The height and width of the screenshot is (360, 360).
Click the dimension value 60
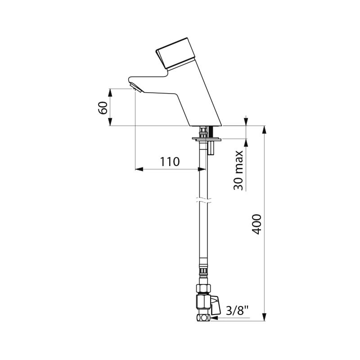point(103,108)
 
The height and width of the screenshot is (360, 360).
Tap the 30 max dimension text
point(238,171)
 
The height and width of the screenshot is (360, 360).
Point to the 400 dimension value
point(256,224)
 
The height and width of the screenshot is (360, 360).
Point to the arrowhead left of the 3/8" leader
point(214,318)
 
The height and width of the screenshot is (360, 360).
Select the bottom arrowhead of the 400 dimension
point(265,318)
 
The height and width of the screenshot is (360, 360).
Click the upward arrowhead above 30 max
point(246,143)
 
